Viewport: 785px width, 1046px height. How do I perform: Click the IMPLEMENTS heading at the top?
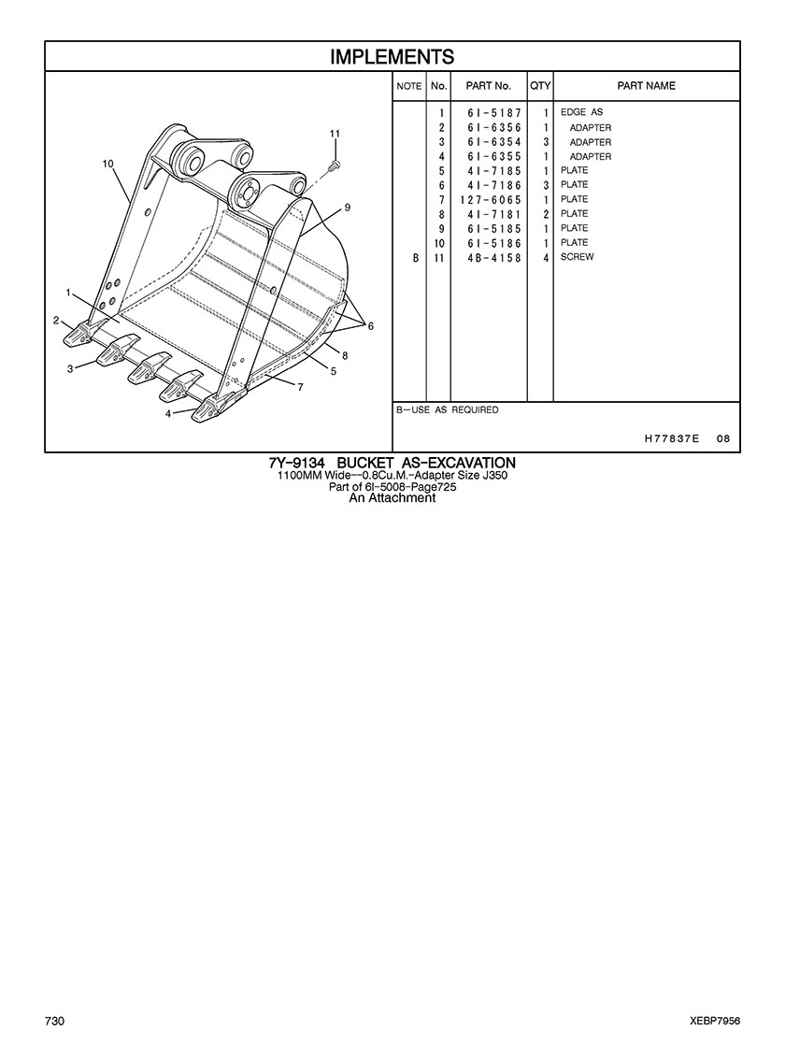pyautogui.click(x=392, y=57)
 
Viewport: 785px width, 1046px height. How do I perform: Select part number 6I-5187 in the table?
pyautogui.click(x=493, y=113)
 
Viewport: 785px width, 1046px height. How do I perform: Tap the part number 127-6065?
pyautogui.click(x=491, y=199)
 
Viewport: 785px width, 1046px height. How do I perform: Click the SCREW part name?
pyautogui.click(x=577, y=257)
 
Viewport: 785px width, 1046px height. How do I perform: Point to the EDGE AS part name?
pyautogui.click(x=581, y=112)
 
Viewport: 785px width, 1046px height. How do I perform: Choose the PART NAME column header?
pyautogui.click(x=646, y=85)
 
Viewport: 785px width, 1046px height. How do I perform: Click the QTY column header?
pyautogui.click(x=540, y=85)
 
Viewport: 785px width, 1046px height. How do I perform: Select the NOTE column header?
pyautogui.click(x=408, y=86)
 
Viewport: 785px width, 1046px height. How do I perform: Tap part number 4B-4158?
pyautogui.click(x=493, y=257)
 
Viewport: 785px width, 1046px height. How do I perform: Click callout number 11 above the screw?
pyautogui.click(x=335, y=134)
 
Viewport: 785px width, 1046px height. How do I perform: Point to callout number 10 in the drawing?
pyautogui.click(x=108, y=164)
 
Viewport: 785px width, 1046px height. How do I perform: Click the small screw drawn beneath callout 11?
pyautogui.click(x=335, y=164)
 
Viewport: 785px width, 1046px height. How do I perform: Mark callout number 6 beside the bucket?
pyautogui.click(x=371, y=325)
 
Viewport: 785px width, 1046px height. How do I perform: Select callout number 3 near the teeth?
pyautogui.click(x=70, y=369)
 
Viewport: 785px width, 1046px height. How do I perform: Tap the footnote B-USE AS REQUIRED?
pyautogui.click(x=447, y=409)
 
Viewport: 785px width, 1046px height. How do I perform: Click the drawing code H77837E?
pyautogui.click(x=672, y=438)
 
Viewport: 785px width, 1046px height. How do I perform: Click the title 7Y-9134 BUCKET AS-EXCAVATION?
pyautogui.click(x=392, y=463)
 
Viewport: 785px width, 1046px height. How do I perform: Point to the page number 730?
pyautogui.click(x=55, y=1022)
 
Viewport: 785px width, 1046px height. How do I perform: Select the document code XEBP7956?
pyautogui.click(x=715, y=1022)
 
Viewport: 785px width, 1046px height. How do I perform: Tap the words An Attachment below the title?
pyautogui.click(x=392, y=497)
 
